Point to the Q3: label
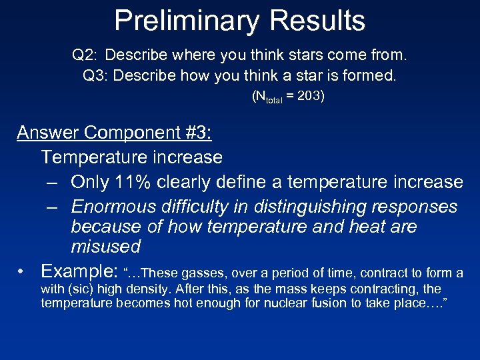(x=96, y=75)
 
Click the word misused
(x=105, y=247)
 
